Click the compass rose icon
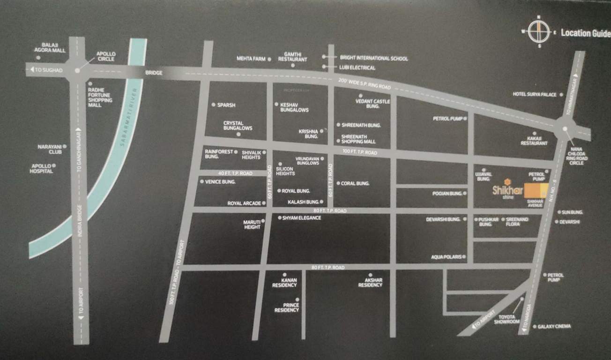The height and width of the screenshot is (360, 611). pos(539,31)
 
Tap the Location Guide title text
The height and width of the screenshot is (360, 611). pos(585,33)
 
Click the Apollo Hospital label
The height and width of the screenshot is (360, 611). pos(42,168)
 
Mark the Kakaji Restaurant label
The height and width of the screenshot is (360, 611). pos(534,141)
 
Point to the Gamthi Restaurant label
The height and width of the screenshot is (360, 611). pos(292,57)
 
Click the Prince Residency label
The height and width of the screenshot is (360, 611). pos(287,307)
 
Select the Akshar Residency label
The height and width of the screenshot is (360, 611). pos(370,282)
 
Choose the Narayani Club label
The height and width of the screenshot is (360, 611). pos(50,149)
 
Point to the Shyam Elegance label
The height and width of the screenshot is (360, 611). pos(302,218)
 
